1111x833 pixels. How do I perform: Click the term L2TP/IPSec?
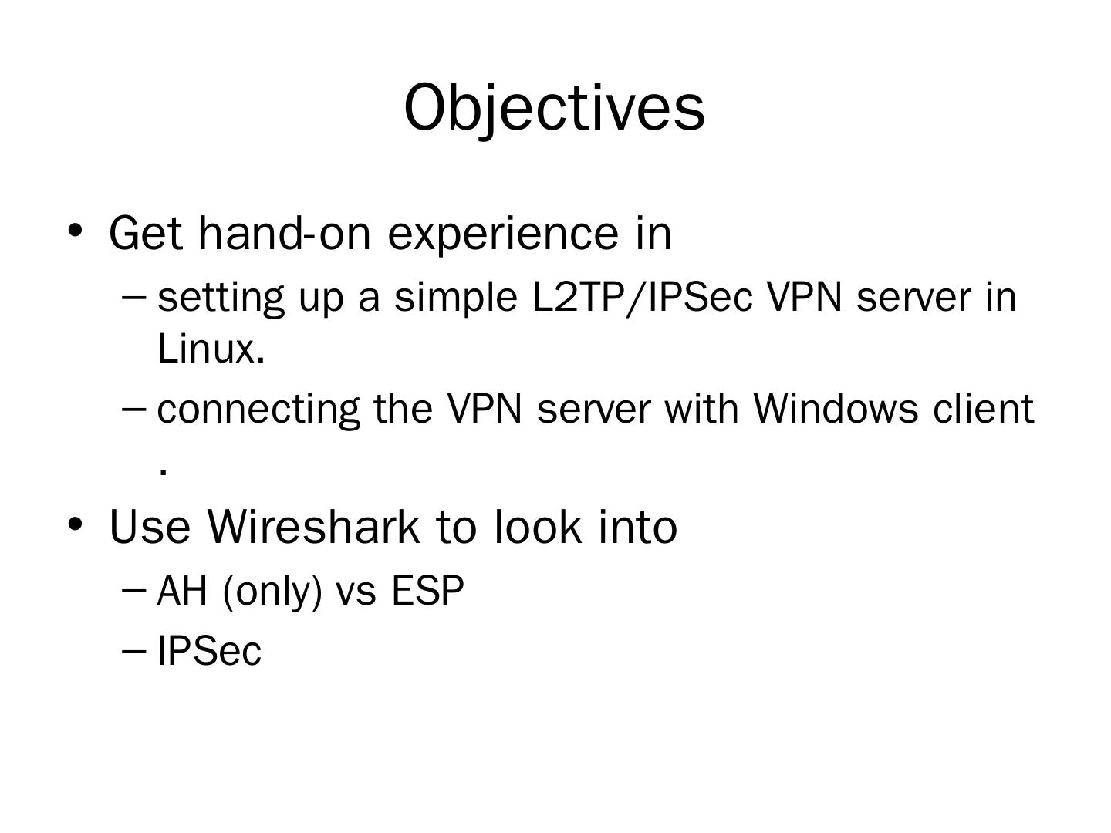(642, 297)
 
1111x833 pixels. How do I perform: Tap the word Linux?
(211, 349)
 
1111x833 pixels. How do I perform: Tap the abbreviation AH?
(182, 592)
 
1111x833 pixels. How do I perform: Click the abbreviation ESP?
(428, 592)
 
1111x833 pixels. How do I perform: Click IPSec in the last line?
(209, 651)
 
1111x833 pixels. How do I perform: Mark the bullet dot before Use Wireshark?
(75, 524)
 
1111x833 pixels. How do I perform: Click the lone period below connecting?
(162, 471)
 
